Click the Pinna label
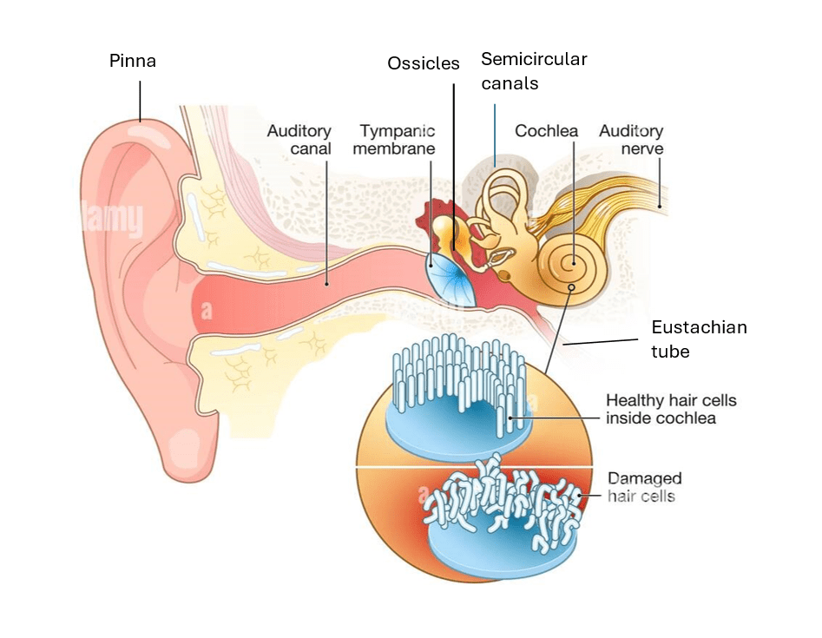pyautogui.click(x=133, y=61)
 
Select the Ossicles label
pyautogui.click(x=423, y=64)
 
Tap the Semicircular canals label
pyautogui.click(x=534, y=71)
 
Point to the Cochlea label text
pyautogui.click(x=546, y=131)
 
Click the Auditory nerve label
pyautogui.click(x=631, y=140)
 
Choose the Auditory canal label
pyautogui.click(x=299, y=140)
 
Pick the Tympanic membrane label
pyautogui.click(x=398, y=140)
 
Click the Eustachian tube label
pyautogui.click(x=699, y=339)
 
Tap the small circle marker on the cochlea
pyautogui.click(x=571, y=287)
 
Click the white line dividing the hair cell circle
pyautogui.click(x=474, y=467)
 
